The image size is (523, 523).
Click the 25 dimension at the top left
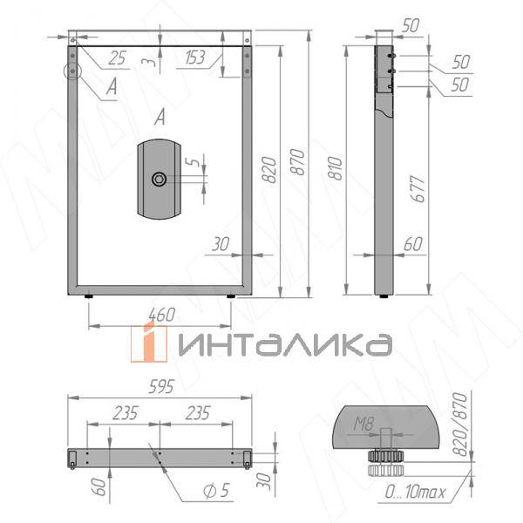click(118, 58)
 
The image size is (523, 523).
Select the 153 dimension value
click(197, 58)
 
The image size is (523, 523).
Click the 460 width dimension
click(162, 313)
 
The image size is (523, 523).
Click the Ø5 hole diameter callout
click(215, 491)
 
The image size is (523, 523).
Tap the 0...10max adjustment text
click(416, 493)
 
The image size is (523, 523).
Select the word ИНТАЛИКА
click(282, 343)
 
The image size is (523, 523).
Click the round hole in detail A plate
click(159, 179)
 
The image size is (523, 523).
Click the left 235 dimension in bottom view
click(123, 412)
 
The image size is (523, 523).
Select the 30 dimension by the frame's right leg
click(219, 245)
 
